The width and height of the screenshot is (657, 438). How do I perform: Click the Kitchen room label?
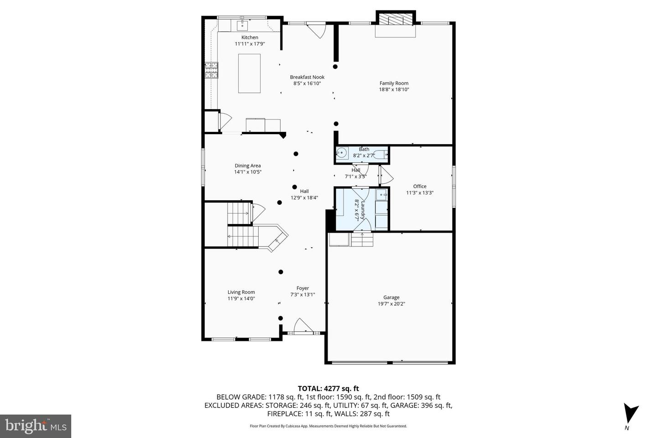pos(250,37)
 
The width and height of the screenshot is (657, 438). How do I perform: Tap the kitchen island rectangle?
pos(250,73)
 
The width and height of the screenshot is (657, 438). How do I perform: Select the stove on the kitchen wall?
pos(211,69)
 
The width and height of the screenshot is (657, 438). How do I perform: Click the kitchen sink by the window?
pos(242,25)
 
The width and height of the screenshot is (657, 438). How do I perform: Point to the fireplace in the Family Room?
pos(396,19)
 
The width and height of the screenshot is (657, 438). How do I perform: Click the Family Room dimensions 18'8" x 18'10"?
pos(394,90)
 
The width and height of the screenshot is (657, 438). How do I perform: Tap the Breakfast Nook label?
pos(307,77)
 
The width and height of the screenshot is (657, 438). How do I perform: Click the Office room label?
pos(420,186)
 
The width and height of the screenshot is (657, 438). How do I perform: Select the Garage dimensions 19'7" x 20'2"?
pos(391,304)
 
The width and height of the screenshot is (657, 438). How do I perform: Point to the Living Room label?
pos(241,292)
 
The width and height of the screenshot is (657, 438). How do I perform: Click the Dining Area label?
pos(248,166)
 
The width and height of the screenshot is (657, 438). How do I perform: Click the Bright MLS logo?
pos(36,426)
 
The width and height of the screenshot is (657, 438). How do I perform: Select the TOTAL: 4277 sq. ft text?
pos(328,389)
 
